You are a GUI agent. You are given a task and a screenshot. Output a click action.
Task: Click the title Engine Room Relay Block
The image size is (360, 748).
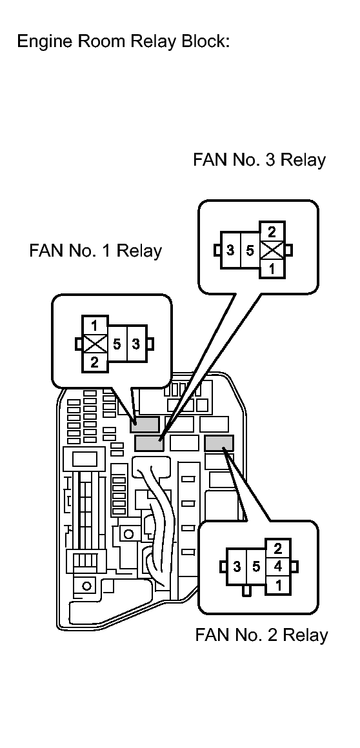pyautogui.click(x=123, y=41)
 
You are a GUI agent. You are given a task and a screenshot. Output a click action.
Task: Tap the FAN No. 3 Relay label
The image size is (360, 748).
pyautogui.click(x=259, y=160)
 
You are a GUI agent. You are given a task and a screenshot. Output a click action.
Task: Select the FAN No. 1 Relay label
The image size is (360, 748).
pyautogui.click(x=95, y=250)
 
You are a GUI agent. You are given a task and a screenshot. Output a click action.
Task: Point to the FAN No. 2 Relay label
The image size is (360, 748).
pyautogui.click(x=262, y=635)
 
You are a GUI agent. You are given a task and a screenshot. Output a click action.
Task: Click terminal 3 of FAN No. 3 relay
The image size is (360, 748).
pyautogui.click(x=230, y=250)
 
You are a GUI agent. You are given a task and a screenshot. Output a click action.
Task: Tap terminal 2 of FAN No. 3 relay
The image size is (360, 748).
pyautogui.click(x=272, y=232)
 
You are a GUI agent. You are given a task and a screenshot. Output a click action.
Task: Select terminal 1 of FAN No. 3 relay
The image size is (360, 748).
pyautogui.click(x=272, y=269)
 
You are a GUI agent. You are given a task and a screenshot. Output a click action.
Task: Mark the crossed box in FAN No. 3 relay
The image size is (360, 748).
pyautogui.click(x=272, y=250)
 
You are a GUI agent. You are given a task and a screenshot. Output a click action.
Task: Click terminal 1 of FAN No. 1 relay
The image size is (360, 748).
pyautogui.click(x=95, y=326)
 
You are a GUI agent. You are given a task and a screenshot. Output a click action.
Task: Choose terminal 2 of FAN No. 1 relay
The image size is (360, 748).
pyautogui.click(x=95, y=362)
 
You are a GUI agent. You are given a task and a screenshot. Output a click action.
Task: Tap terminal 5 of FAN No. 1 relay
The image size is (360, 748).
pyautogui.click(x=117, y=344)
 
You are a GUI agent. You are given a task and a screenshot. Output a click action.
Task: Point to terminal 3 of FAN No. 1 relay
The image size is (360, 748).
pyautogui.click(x=137, y=344)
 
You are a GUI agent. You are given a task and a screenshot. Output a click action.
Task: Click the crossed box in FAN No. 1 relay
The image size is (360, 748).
pyautogui.click(x=95, y=344)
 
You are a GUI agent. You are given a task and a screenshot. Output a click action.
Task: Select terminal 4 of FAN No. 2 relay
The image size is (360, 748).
pyautogui.click(x=278, y=567)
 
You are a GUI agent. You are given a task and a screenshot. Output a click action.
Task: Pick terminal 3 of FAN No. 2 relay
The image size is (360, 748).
pyautogui.click(x=237, y=567)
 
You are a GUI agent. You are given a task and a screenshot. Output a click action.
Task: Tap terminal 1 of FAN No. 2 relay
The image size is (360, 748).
pyautogui.click(x=278, y=585)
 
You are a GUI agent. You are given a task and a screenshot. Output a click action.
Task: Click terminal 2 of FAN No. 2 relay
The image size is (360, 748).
pyautogui.click(x=278, y=548)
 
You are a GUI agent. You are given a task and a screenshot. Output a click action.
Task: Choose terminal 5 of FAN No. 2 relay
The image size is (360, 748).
pyautogui.click(x=256, y=567)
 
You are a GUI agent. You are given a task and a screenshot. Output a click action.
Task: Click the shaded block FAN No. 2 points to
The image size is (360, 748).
pyautogui.click(x=219, y=443)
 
